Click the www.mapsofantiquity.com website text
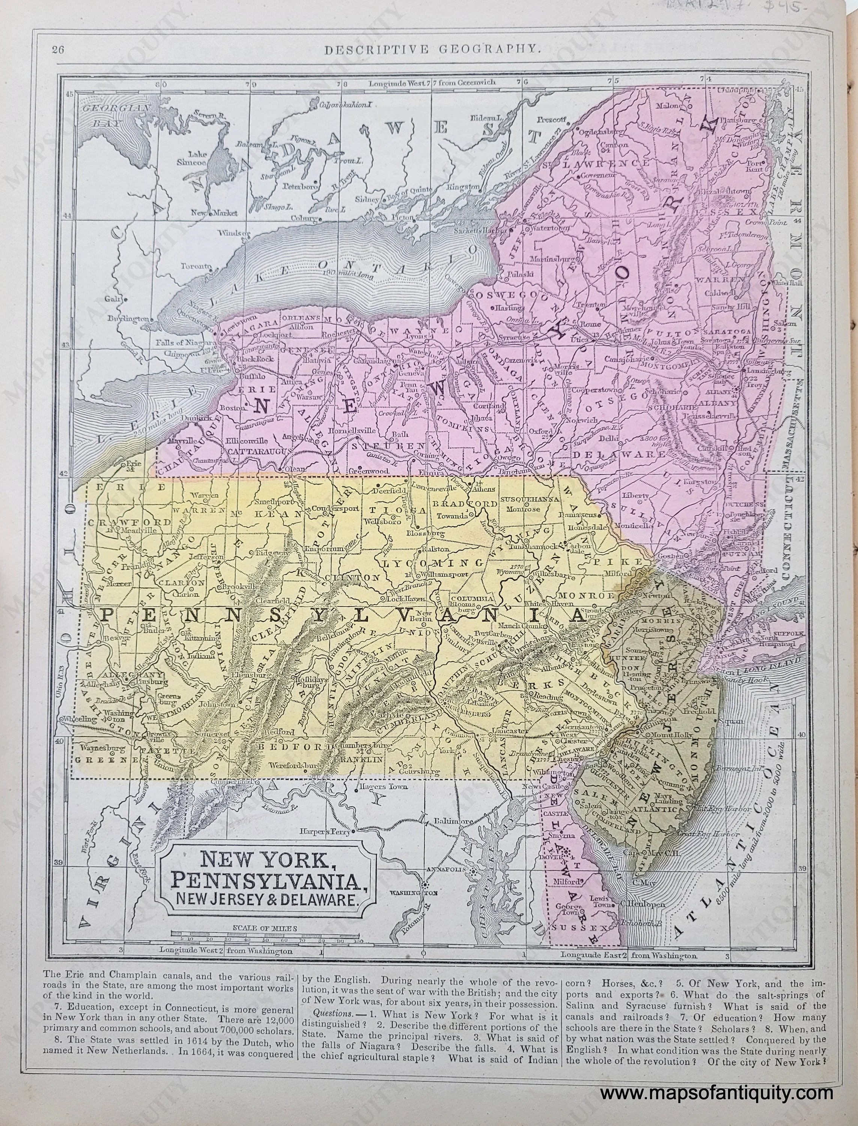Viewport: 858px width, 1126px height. [x=716, y=1093]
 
